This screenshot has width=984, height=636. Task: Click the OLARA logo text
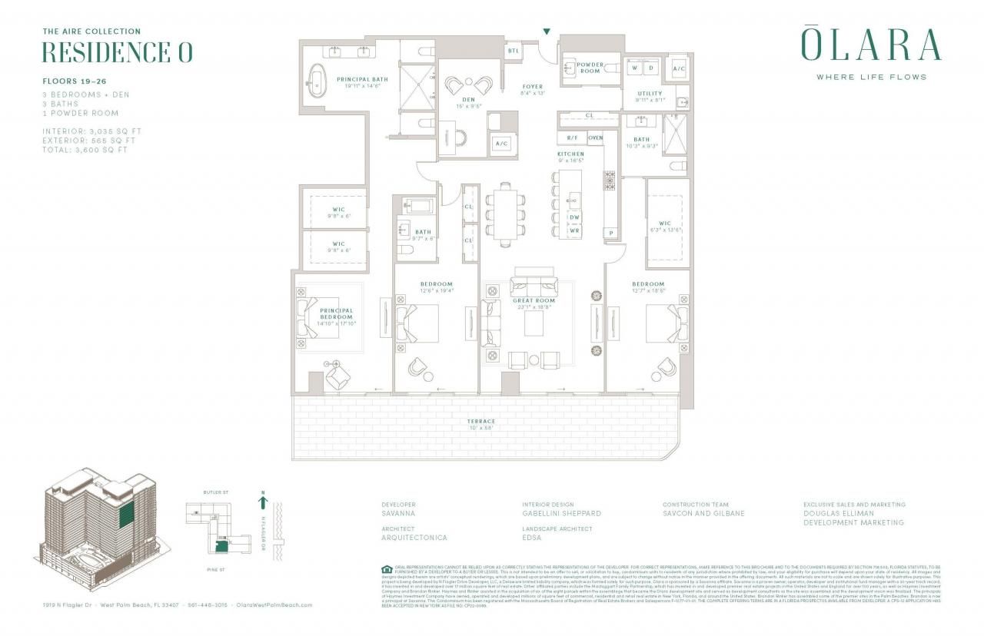(871, 45)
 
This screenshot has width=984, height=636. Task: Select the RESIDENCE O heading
(117, 53)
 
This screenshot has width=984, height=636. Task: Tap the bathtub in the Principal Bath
(316, 79)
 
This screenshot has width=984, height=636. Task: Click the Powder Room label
(590, 68)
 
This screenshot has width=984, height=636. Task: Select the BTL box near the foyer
(513, 51)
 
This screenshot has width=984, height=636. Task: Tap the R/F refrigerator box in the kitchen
(572, 138)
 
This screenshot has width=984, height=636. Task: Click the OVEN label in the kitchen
(595, 138)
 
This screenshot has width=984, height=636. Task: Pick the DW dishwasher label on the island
(574, 217)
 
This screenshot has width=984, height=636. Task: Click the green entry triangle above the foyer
(547, 31)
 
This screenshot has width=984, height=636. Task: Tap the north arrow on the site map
(263, 503)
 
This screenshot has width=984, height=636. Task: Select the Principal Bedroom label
(337, 314)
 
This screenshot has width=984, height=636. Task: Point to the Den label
(468, 99)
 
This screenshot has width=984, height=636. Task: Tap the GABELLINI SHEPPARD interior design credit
(561, 513)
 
